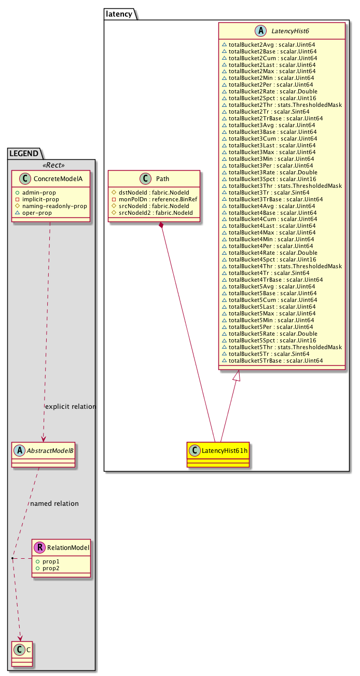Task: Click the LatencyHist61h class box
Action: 218,449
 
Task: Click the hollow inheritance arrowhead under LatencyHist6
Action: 237,375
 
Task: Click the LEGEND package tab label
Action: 23,153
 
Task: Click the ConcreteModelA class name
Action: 56,180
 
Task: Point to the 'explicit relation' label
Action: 71,407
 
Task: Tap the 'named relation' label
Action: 54,503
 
